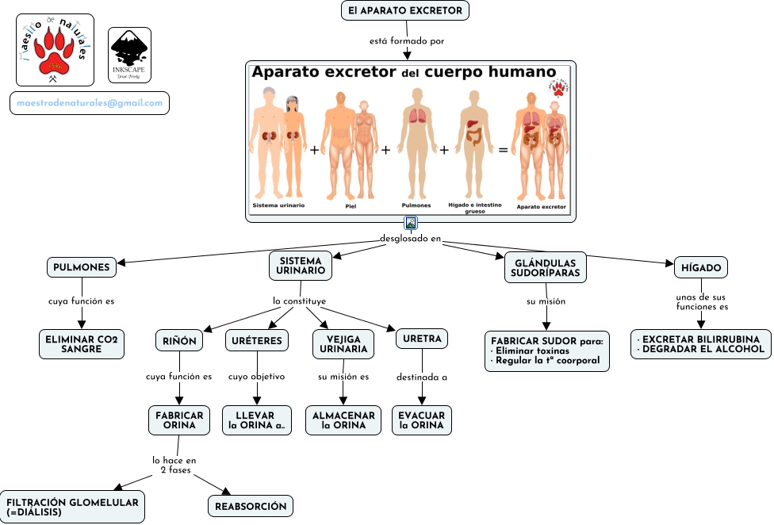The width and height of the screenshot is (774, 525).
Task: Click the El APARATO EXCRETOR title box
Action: (405, 10)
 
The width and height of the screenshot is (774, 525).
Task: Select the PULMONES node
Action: (81, 267)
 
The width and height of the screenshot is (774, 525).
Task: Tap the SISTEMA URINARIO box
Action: (301, 266)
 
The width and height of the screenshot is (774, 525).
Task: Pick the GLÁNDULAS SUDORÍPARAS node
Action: (545, 267)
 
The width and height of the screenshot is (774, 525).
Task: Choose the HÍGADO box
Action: (700, 267)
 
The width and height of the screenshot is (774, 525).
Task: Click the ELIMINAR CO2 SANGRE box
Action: (81, 344)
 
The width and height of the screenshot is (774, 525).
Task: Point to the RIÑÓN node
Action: (178, 340)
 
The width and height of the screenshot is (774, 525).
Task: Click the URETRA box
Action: (422, 339)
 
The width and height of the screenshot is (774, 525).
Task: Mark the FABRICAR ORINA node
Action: (179, 420)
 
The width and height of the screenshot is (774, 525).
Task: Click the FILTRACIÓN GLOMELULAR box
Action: (72, 507)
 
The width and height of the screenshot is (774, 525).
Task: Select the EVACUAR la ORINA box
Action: (422, 420)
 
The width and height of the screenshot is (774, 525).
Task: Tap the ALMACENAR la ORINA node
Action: (343, 420)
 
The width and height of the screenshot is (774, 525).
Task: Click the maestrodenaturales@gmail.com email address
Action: (90, 103)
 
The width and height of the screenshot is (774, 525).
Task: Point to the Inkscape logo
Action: (129, 56)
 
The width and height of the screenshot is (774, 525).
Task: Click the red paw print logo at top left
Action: (55, 49)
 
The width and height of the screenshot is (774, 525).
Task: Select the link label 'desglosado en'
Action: (410, 238)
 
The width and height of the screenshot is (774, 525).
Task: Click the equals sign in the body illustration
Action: (503, 149)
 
